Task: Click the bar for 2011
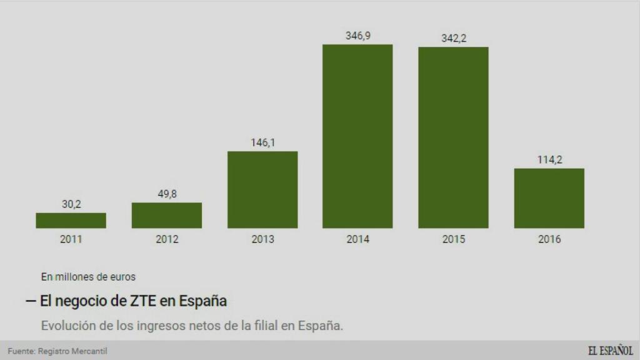[71, 221]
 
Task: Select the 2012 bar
[166, 216]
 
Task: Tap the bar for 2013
[262, 190]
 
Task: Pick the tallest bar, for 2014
[357, 136]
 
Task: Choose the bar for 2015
[453, 137]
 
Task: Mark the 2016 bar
[549, 198]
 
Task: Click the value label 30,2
[71, 204]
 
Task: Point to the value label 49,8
[166, 194]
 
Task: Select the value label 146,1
[262, 142]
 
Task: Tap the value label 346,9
[357, 36]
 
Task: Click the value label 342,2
[453, 38]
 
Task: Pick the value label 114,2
[549, 159]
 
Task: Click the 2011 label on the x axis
[71, 239]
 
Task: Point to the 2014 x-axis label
[357, 239]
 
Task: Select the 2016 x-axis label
[549, 239]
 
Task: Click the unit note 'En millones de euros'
[88, 276]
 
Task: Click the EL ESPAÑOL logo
[609, 351]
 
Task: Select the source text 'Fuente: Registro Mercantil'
[53, 351]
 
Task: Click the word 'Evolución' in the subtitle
[66, 326]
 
